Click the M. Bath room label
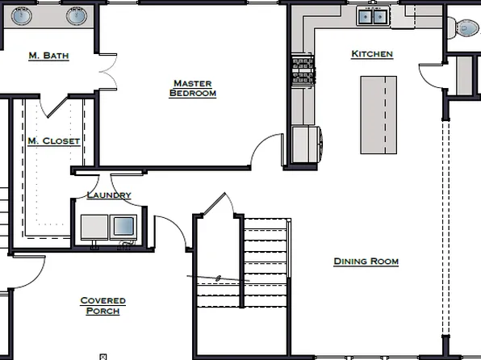pos(48,56)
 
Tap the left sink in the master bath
pos(22,15)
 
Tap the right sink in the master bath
pos(77,15)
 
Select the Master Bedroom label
pos(193,88)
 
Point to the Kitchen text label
pos(372,54)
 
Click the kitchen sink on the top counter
pos(374,15)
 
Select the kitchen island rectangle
pos(379,114)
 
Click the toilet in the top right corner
pos(467,27)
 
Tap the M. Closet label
pos(53,141)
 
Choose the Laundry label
pos(108,195)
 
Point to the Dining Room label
pos(366,262)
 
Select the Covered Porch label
pos(102,306)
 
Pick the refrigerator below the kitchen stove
pos(306,145)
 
